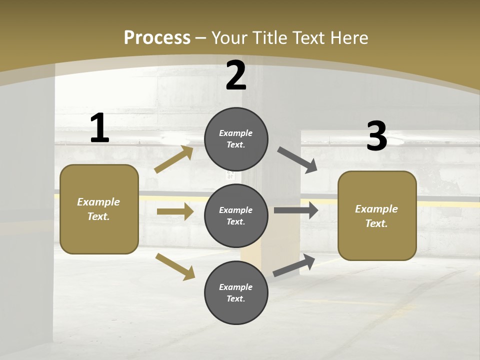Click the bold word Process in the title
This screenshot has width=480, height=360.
(157, 37)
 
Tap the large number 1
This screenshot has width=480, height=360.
(99, 128)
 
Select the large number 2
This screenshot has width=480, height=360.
(236, 75)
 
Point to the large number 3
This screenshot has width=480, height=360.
(376, 136)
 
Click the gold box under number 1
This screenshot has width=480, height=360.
(99, 209)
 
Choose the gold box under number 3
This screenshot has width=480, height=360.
(377, 215)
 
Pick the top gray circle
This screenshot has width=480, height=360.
(236, 139)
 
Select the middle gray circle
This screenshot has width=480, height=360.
(236, 215)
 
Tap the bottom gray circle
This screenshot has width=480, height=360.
(236, 292)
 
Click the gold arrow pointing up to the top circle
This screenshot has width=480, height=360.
(174, 159)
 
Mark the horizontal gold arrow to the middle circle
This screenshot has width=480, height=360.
(175, 211)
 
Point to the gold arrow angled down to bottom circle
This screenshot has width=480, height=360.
(175, 266)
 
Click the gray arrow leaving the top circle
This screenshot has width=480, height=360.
(297, 160)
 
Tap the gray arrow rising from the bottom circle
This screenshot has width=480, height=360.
(294, 265)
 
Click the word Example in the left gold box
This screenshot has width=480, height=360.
(98, 202)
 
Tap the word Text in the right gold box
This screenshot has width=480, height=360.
(375, 223)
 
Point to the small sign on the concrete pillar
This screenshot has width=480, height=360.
(230, 174)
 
